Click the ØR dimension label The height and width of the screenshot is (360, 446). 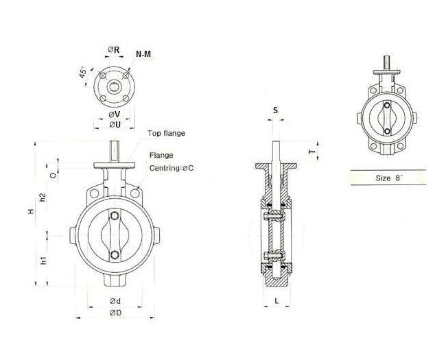coord(114,49)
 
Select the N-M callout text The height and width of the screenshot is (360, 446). coord(144,53)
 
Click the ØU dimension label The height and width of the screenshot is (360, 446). coord(115,124)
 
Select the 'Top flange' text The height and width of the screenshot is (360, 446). coord(167,133)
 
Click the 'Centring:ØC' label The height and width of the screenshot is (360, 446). coord(172,168)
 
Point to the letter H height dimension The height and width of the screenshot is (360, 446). coord(30,213)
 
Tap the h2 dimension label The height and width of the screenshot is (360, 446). coord(43,197)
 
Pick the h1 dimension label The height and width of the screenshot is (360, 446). coord(43,260)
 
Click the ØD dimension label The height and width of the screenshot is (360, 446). coord(115,313)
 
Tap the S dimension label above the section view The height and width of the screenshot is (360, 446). coord(275,110)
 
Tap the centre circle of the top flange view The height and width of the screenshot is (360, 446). coord(114,86)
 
